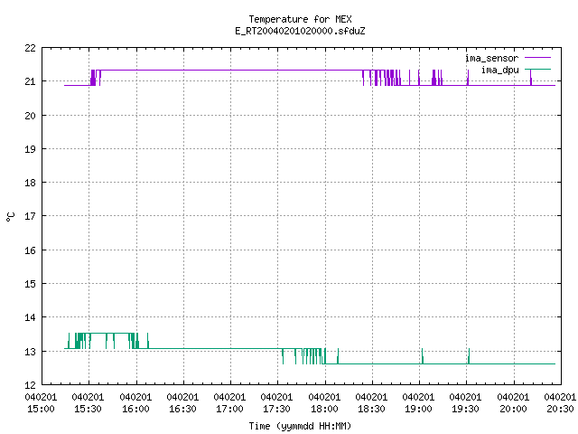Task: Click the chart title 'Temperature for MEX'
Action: (x=300, y=19)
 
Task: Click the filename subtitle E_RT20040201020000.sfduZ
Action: (x=300, y=31)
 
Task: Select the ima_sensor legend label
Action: (x=491, y=58)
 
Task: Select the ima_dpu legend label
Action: (x=499, y=70)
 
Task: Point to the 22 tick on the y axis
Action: (x=30, y=48)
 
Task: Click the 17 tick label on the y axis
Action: (x=30, y=216)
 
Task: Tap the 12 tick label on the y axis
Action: (x=30, y=385)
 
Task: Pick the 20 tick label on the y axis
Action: (x=30, y=116)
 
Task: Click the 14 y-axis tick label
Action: (x=30, y=317)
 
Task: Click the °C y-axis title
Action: (x=11, y=217)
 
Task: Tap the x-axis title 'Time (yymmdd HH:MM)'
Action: (x=300, y=426)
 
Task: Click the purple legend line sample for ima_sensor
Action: (x=537, y=58)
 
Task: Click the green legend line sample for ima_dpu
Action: (x=537, y=69)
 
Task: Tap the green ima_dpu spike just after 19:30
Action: (x=469, y=355)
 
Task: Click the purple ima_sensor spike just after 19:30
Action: (x=468, y=78)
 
